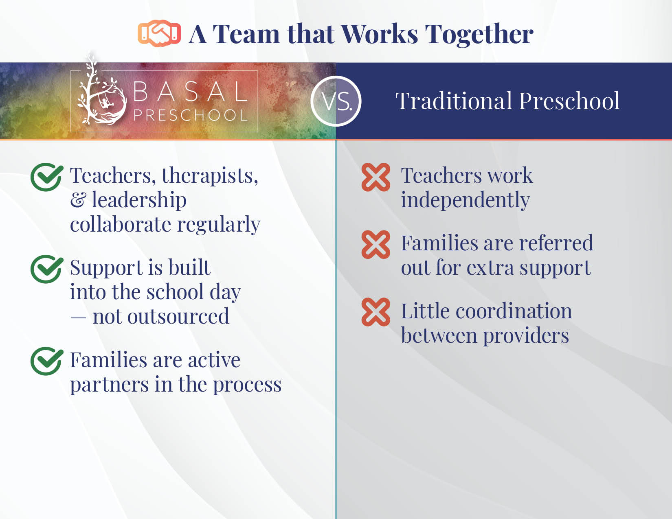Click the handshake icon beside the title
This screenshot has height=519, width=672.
tap(159, 33)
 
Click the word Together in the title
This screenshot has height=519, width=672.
tap(479, 35)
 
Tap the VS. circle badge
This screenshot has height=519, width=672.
tap(336, 101)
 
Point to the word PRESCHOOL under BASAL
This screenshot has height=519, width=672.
tap(191, 115)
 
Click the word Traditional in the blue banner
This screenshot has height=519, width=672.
tap(454, 101)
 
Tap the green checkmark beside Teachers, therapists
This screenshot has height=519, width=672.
tap(47, 177)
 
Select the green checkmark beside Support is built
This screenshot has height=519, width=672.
tap(47, 269)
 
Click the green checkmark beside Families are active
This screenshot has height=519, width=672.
tap(47, 361)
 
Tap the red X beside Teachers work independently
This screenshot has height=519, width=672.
tap(376, 177)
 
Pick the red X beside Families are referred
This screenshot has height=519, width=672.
tap(376, 245)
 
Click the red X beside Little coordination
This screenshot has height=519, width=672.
tap(376, 312)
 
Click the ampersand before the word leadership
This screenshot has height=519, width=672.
tap(78, 200)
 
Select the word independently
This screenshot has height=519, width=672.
tap(466, 200)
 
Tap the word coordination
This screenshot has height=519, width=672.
tap(514, 311)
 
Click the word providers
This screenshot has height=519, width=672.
tap(526, 336)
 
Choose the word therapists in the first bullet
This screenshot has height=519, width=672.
tap(210, 176)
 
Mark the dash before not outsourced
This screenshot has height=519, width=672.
tap(78, 318)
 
